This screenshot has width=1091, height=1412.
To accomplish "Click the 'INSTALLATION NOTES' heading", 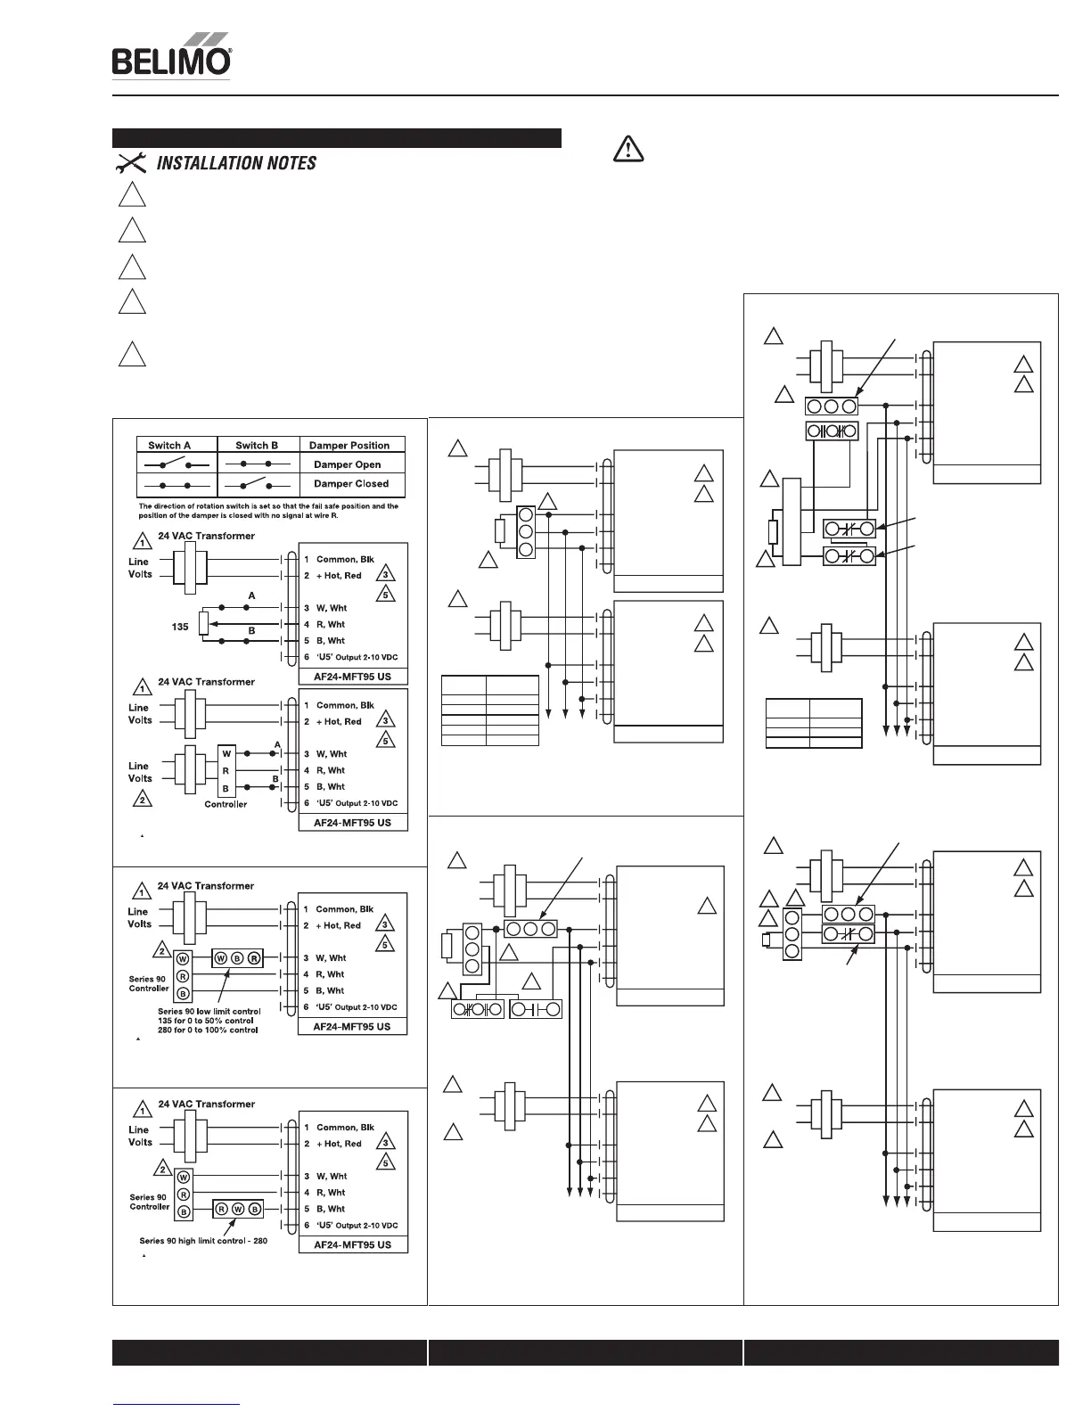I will click(x=236, y=163).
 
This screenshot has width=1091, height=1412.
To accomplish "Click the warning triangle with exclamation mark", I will click(x=628, y=149).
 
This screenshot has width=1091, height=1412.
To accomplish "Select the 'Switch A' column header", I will click(x=169, y=445).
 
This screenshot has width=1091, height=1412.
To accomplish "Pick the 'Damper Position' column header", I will click(x=349, y=445).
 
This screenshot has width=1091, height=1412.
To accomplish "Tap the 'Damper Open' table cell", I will click(x=347, y=464).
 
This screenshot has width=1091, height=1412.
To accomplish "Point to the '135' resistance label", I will click(x=180, y=627).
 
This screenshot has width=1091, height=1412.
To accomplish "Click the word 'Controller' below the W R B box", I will click(x=226, y=804).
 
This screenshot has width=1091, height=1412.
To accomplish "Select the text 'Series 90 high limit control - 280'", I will click(x=203, y=1240).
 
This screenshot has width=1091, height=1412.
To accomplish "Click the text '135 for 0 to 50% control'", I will click(x=208, y=1021).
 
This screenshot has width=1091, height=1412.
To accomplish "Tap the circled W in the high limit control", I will click(x=237, y=1210).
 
